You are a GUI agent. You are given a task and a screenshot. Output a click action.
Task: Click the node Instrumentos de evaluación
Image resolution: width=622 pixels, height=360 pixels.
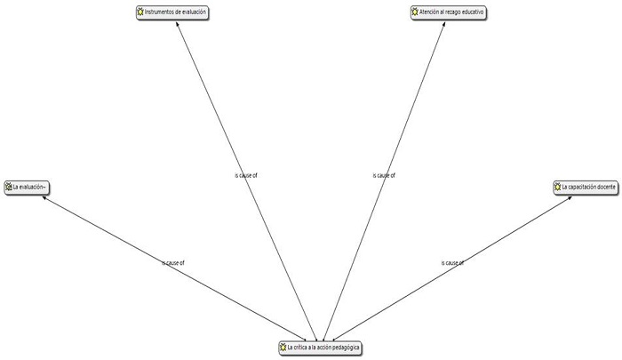[178, 12]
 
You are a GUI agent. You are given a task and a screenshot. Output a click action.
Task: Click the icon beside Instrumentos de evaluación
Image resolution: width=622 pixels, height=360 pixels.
[140, 12]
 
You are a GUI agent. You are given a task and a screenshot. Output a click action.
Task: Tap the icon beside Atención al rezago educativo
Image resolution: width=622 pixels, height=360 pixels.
[414, 12]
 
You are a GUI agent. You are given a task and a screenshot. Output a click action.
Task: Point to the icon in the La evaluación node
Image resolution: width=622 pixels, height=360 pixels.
[9, 187]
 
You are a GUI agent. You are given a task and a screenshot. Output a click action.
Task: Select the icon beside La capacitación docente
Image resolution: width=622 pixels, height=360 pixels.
[557, 187]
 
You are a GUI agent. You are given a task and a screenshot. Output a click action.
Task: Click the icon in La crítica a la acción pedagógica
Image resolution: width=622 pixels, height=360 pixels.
[283, 347]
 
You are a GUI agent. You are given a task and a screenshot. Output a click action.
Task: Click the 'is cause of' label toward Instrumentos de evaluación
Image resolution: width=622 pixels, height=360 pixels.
[246, 175]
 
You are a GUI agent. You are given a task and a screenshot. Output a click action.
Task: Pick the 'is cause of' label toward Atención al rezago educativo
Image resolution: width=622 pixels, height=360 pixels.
[384, 175]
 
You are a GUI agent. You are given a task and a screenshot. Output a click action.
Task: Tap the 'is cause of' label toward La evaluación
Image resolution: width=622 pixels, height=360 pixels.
[173, 263]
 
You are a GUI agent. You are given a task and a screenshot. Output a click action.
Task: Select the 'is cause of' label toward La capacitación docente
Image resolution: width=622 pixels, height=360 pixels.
[452, 263]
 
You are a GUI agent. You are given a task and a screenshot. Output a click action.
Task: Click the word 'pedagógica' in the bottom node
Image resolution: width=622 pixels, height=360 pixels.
[344, 347]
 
